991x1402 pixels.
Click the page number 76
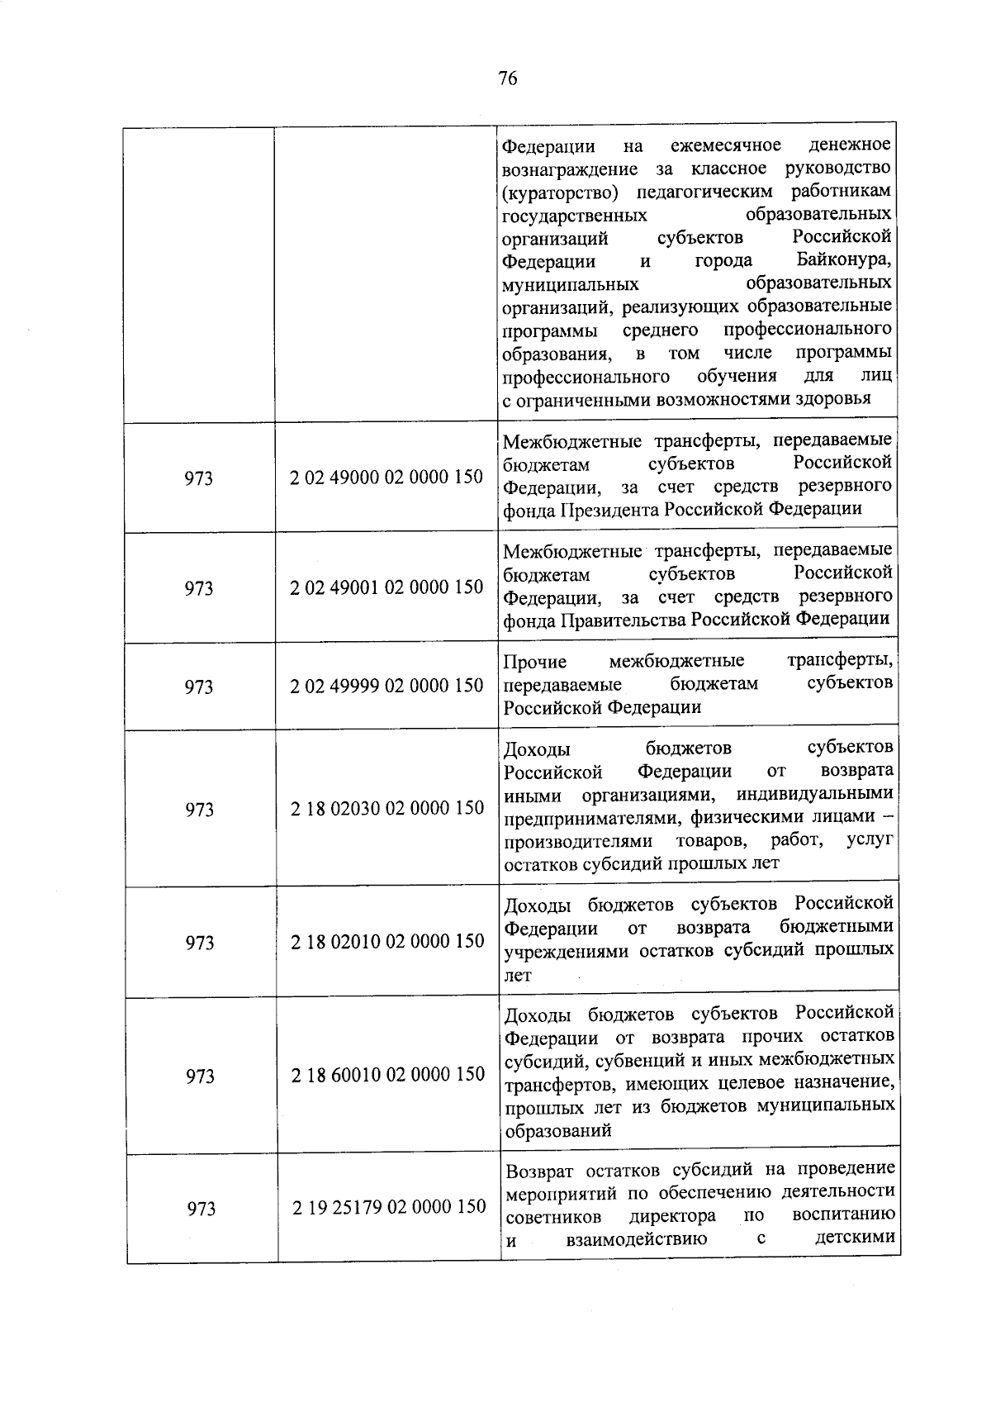click(x=508, y=78)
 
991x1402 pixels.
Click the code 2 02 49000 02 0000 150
click(x=386, y=478)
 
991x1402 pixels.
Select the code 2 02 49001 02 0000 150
click(x=386, y=587)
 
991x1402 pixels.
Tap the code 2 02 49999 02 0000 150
click(x=386, y=686)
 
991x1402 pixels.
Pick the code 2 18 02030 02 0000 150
click(x=387, y=808)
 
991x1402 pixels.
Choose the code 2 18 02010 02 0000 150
click(x=387, y=941)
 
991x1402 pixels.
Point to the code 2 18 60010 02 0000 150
click(x=388, y=1074)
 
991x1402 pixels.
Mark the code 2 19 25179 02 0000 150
click(x=389, y=1207)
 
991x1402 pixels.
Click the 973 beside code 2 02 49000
click(x=198, y=478)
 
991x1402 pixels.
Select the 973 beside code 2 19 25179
click(x=201, y=1209)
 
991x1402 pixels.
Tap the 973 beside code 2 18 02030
click(x=200, y=810)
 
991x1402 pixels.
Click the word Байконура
click(x=843, y=260)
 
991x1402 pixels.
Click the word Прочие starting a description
click(x=535, y=662)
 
